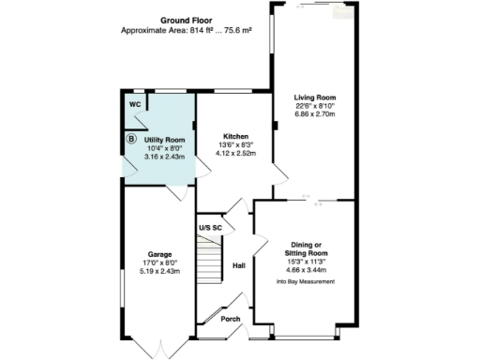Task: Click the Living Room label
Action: click(315, 97)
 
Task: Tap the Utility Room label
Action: click(164, 139)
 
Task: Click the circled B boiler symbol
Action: click(130, 139)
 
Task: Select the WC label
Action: click(135, 104)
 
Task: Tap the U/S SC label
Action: click(210, 228)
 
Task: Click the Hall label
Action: click(238, 265)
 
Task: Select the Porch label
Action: click(230, 319)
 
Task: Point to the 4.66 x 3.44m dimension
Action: click(306, 267)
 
